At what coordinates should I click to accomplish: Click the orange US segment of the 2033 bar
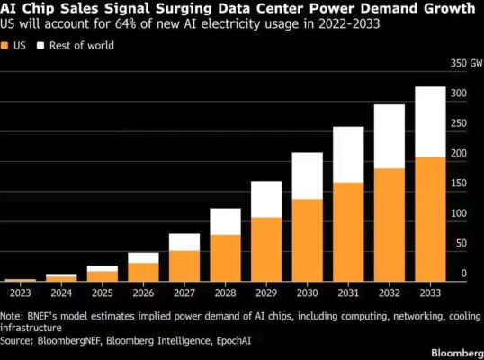pyautogui.click(x=430, y=220)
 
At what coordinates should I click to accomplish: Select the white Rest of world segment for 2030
pyautogui.click(x=308, y=176)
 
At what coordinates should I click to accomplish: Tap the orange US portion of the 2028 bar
pyautogui.click(x=225, y=258)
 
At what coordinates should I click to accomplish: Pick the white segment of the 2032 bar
pyautogui.click(x=390, y=137)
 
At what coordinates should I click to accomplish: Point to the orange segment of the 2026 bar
pyautogui.click(x=144, y=273)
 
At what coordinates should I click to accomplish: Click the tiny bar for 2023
pyautogui.click(x=21, y=280)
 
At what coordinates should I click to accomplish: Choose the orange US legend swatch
pyautogui.click(x=4, y=46)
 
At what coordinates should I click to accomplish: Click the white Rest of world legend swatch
pyautogui.click(x=40, y=46)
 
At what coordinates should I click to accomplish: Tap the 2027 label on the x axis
pyautogui.click(x=184, y=292)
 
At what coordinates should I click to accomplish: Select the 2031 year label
pyautogui.click(x=348, y=292)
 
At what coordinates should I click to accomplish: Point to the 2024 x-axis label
pyautogui.click(x=61, y=292)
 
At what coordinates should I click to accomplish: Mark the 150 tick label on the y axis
pyautogui.click(x=459, y=183)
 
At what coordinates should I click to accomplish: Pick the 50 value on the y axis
pyautogui.click(x=462, y=243)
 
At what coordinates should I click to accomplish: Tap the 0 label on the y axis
pyautogui.click(x=464, y=274)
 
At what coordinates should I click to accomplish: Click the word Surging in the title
pyautogui.click(x=184, y=9)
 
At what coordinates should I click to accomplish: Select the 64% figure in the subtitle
pyautogui.click(x=125, y=23)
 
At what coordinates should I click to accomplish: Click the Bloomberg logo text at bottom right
pyautogui.click(x=457, y=353)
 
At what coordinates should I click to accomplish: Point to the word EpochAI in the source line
pyautogui.click(x=234, y=340)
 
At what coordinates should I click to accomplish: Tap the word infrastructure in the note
pyautogui.click(x=31, y=328)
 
